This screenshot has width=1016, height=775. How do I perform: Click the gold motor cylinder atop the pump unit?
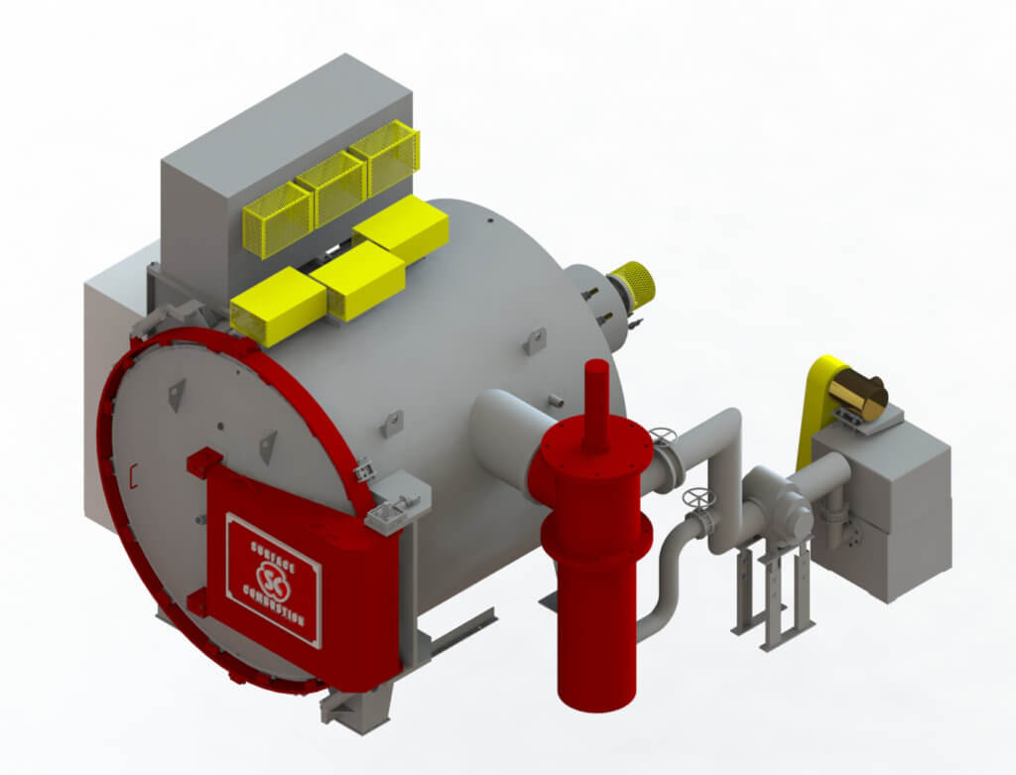858,395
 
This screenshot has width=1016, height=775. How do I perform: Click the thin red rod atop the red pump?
595,403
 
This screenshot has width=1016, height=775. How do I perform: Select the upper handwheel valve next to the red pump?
662,438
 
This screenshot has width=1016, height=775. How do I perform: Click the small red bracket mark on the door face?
132,476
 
